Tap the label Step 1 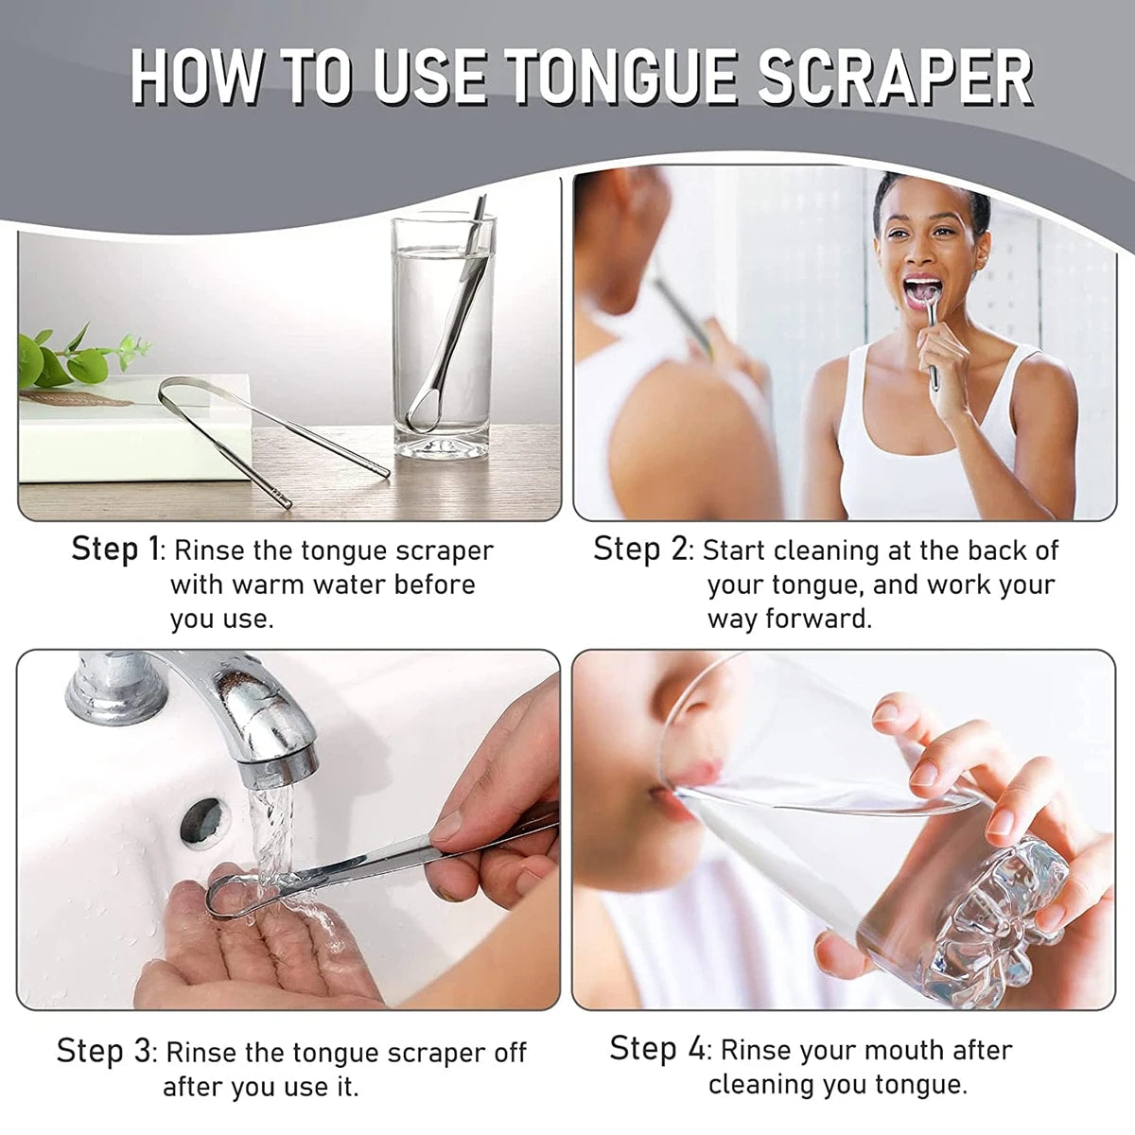[116, 550]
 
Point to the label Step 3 [103, 1051]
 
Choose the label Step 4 [656, 1049]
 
